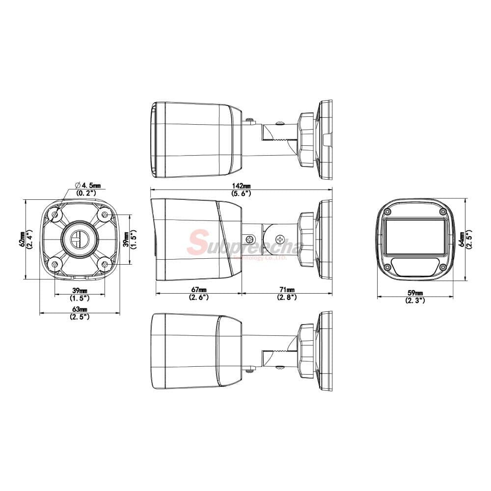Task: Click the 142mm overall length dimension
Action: click(241, 186)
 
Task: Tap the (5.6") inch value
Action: click(241, 193)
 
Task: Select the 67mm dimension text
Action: click(198, 290)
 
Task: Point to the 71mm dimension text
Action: click(287, 290)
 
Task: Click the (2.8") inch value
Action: click(287, 297)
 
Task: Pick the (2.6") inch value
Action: click(198, 297)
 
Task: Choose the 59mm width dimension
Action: click(415, 293)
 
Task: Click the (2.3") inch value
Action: click(415, 300)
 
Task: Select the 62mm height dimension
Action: click(22, 239)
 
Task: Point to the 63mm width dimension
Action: click(80, 309)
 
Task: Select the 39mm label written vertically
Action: click(125, 239)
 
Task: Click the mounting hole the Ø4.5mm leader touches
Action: click(55, 214)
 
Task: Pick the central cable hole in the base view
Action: click(79, 240)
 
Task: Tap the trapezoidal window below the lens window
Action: click(415, 267)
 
